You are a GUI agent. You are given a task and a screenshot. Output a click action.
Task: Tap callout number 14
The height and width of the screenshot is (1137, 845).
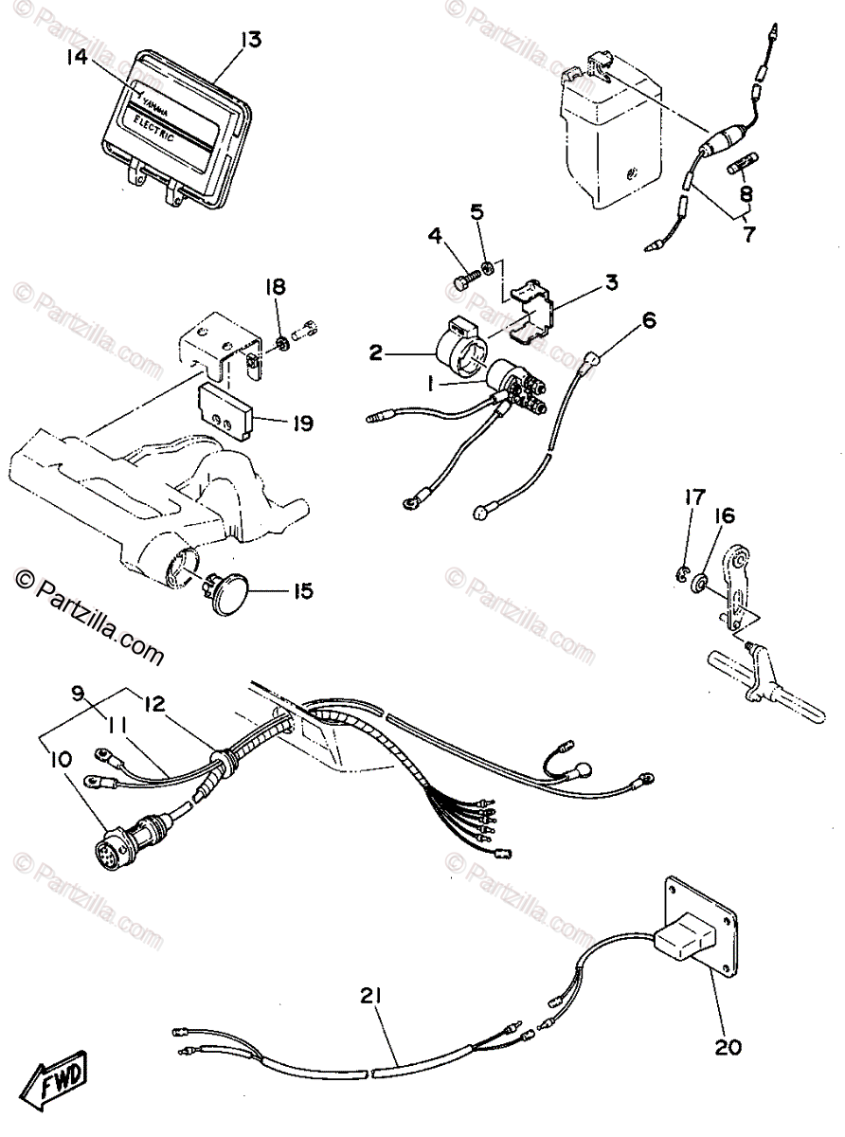point(78,57)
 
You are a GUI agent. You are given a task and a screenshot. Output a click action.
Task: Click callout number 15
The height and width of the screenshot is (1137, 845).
point(302,592)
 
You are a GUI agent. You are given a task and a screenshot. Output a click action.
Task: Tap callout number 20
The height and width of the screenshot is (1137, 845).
point(728,1047)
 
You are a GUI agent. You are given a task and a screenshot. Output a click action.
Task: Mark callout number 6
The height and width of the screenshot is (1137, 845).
point(648,321)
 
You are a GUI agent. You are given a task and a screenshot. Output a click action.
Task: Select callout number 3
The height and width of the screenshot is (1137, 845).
point(611,282)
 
